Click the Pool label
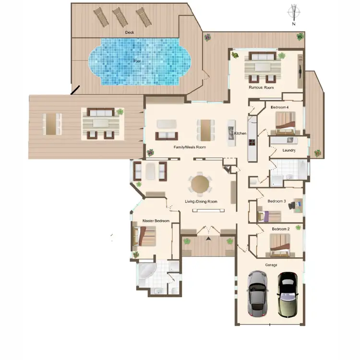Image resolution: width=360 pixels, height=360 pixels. [x=137, y=61]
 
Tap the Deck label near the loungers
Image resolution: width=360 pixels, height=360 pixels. [x=129, y=32]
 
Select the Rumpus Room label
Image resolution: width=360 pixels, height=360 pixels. [x=261, y=88]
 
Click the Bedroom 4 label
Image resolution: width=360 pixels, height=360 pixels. [x=279, y=107]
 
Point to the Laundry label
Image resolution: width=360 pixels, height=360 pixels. [x=288, y=150]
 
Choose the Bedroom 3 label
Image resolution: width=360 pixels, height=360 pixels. [x=276, y=201]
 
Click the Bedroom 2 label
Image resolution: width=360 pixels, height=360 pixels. [x=280, y=229]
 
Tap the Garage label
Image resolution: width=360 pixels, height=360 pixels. [x=271, y=264]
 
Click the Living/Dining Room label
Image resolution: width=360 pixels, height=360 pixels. [x=201, y=202]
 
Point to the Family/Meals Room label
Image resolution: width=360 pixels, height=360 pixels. [x=190, y=147]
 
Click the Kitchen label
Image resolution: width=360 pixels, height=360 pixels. [x=240, y=133]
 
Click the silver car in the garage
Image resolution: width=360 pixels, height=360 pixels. [x=257, y=293]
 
